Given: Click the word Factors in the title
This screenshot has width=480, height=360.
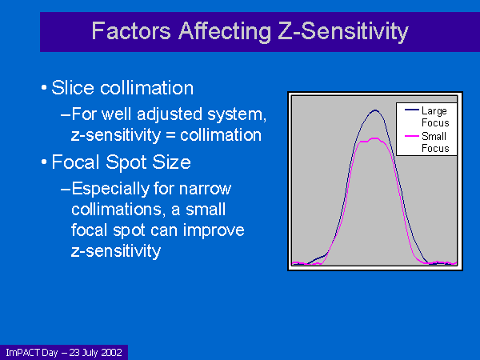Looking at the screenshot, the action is pyautogui.click(x=131, y=31).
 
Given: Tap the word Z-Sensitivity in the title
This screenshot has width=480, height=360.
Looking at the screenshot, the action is pyautogui.click(x=343, y=32).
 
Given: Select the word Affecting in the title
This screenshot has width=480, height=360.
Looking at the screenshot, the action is pyautogui.click(x=225, y=32).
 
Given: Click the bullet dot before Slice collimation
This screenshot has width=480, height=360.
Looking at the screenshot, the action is pyautogui.click(x=44, y=88).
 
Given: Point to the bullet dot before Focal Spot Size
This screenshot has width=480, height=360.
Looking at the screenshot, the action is pyautogui.click(x=44, y=162).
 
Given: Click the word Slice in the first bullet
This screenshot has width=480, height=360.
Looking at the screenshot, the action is pyautogui.click(x=73, y=88).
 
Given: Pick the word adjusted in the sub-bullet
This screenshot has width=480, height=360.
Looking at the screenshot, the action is pyautogui.click(x=170, y=115).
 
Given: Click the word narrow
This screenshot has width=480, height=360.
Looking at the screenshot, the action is pyautogui.click(x=205, y=189).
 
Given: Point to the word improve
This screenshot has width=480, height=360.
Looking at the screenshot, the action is pyautogui.click(x=214, y=231).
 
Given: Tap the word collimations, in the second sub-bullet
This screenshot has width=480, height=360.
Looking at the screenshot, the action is pyautogui.click(x=116, y=210).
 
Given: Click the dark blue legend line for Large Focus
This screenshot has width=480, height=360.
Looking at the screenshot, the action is pyautogui.click(x=411, y=110).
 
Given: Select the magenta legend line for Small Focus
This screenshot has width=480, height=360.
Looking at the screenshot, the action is pyautogui.click(x=411, y=136).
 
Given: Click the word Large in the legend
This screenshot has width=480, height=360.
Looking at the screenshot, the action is pyautogui.click(x=434, y=111).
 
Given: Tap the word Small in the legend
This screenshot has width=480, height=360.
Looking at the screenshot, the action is pyautogui.click(x=434, y=136).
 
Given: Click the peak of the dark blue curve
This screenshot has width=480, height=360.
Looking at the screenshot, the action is pyautogui.click(x=375, y=110).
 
